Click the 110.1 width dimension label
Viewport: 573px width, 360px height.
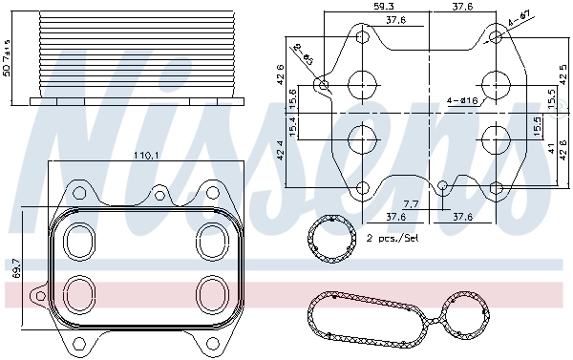click(x=148, y=155)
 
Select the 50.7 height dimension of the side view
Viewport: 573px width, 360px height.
click(x=8, y=57)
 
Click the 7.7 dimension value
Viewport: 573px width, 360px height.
click(x=411, y=204)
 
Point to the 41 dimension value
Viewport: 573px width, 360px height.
click(x=551, y=151)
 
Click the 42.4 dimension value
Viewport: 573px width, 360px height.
click(x=279, y=150)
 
